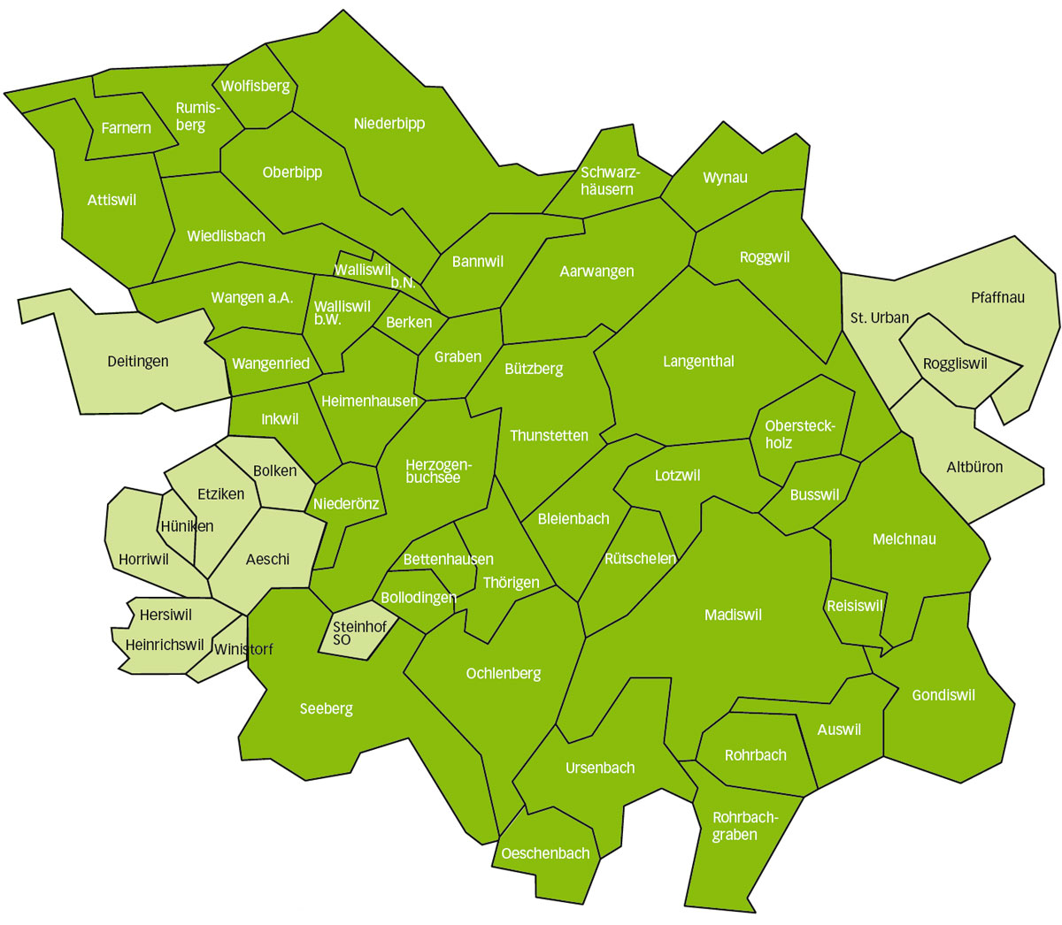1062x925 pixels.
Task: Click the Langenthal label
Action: pos(698,361)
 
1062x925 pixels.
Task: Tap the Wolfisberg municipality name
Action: pos(255,86)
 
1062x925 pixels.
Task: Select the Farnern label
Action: pos(126,128)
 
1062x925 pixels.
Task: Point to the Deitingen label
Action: pos(137,361)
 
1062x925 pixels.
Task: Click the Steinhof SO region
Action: pos(358,633)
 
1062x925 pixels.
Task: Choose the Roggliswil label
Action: pos(955,363)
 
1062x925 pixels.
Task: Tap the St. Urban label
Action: pos(879,317)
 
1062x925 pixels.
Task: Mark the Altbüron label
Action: pos(974,466)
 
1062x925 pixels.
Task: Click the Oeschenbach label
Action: pos(545,853)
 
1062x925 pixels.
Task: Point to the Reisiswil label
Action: pos(855,606)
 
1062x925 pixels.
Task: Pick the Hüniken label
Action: pos(187,526)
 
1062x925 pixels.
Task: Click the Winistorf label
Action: pos(243,649)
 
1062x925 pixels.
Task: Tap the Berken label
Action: pos(409,322)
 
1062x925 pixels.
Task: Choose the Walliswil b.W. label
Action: pos(342,312)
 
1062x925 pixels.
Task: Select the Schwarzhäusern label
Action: pos(609,180)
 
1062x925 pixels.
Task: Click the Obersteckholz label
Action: pos(799,434)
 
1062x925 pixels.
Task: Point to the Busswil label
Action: pos(814,494)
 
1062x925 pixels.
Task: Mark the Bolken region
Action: pos(275,471)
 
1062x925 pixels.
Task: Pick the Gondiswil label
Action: pos(943,695)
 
